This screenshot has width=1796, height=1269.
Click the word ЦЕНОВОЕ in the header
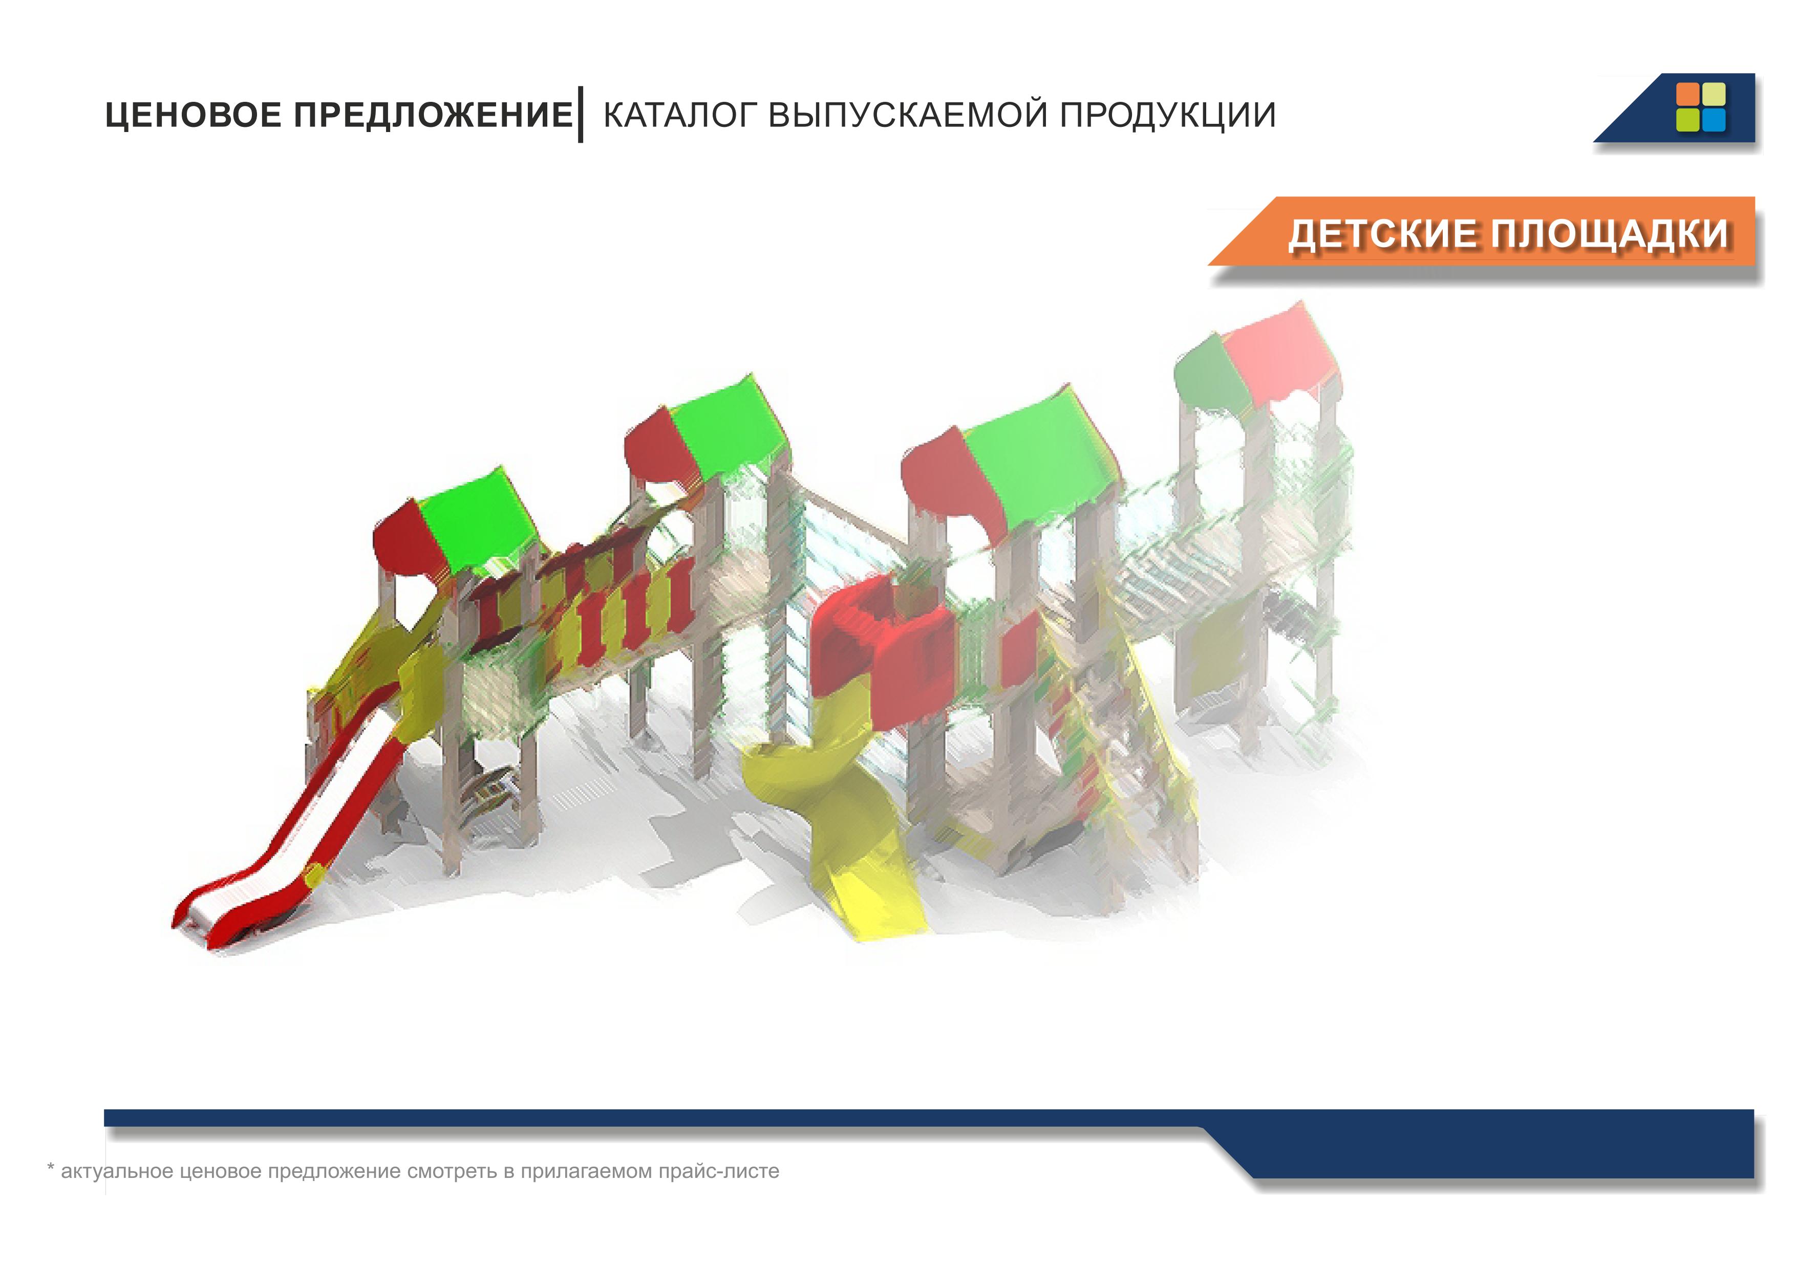[193, 115]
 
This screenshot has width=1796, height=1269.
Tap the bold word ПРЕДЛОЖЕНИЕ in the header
[433, 115]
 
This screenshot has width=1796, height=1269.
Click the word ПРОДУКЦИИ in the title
[1168, 115]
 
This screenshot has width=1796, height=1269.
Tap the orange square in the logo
[1688, 94]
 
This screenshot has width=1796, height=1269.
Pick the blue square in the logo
[1714, 120]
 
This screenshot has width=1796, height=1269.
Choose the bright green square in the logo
[1688, 120]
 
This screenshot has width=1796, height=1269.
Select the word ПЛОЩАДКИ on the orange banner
[1610, 234]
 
